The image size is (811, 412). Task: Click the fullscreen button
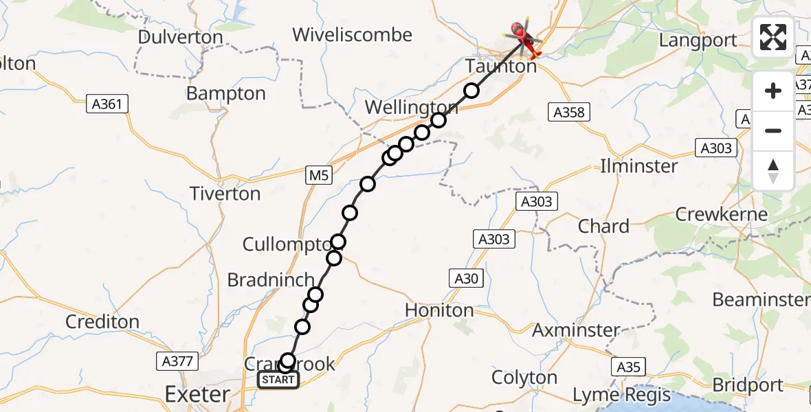773,37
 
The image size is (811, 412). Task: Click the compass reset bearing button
773,171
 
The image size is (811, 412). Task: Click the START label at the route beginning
278,380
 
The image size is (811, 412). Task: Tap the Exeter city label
197,394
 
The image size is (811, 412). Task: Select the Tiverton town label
225,194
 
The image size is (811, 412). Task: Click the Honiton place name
439,310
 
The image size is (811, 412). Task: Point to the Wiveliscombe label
352,35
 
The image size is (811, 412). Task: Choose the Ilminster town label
639,166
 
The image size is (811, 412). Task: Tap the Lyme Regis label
621,396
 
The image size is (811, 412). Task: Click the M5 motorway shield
319,176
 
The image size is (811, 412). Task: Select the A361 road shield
107,104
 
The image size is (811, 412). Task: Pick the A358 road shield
570,113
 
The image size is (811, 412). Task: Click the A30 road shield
465,278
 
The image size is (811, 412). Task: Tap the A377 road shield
177,361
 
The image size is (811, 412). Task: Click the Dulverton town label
180,38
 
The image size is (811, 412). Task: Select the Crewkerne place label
721,214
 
